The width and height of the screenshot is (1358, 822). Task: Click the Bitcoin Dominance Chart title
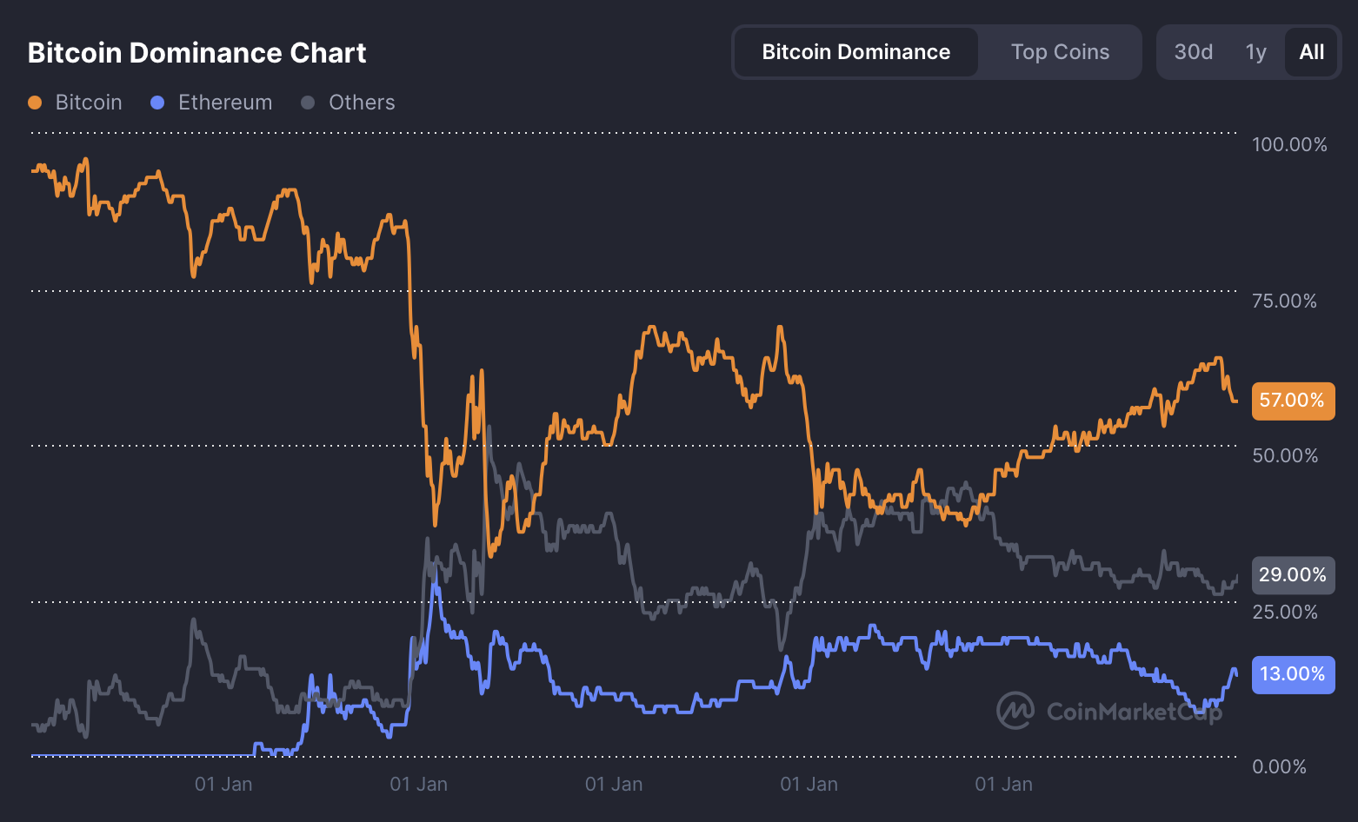(x=196, y=53)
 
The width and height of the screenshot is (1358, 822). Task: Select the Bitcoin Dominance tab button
(x=855, y=52)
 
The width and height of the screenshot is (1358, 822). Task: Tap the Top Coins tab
(x=1060, y=52)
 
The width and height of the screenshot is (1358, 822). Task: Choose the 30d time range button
(x=1193, y=52)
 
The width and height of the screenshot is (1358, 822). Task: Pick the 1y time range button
(x=1255, y=52)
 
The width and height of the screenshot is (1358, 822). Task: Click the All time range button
(x=1311, y=52)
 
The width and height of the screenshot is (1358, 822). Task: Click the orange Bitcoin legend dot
(x=35, y=103)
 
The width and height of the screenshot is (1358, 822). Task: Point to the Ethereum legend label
(x=224, y=103)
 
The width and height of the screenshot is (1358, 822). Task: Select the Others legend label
(x=362, y=103)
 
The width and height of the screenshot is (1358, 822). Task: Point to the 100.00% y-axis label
(x=1289, y=144)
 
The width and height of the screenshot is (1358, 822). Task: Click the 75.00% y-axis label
(x=1284, y=301)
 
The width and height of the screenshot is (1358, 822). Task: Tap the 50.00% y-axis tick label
(x=1285, y=455)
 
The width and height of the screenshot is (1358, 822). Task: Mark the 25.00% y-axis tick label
(x=1285, y=612)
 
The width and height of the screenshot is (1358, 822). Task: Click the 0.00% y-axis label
(x=1279, y=766)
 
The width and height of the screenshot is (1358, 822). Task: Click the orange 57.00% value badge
(x=1293, y=401)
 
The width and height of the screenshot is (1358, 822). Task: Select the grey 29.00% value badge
(x=1293, y=575)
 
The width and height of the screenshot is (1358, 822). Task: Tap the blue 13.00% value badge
(x=1293, y=674)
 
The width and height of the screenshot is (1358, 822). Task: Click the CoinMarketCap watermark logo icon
(x=1015, y=711)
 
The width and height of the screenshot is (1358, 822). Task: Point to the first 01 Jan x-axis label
(x=223, y=785)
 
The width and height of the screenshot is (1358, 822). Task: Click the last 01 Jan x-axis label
(x=1003, y=785)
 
